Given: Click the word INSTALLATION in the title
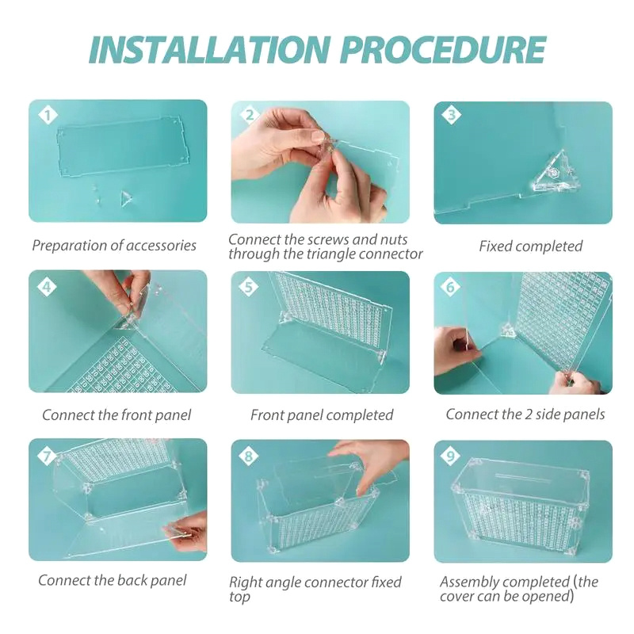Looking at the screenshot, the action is tap(209, 50).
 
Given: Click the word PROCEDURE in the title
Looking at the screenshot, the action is tap(443, 50).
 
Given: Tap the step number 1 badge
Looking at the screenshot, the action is tap(48, 115).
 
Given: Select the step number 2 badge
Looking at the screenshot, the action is tap(250, 115).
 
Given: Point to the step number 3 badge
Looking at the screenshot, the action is tap(451, 115).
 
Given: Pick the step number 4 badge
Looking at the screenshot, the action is tap(47, 287).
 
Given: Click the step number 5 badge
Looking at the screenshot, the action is tap(249, 287).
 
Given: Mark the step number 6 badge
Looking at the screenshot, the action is tap(450, 287).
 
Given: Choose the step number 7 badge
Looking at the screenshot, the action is tap(47, 456).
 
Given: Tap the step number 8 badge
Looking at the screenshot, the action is tap(249, 456).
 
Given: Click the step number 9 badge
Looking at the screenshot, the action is tap(450, 456).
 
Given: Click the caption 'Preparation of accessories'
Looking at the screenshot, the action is tap(114, 246).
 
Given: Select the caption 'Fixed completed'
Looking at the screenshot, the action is tap(530, 246).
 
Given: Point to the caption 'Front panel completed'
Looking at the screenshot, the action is tap(322, 414).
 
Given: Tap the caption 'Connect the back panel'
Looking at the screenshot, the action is tap(113, 580).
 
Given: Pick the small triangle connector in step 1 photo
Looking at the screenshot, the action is tap(127, 199).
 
